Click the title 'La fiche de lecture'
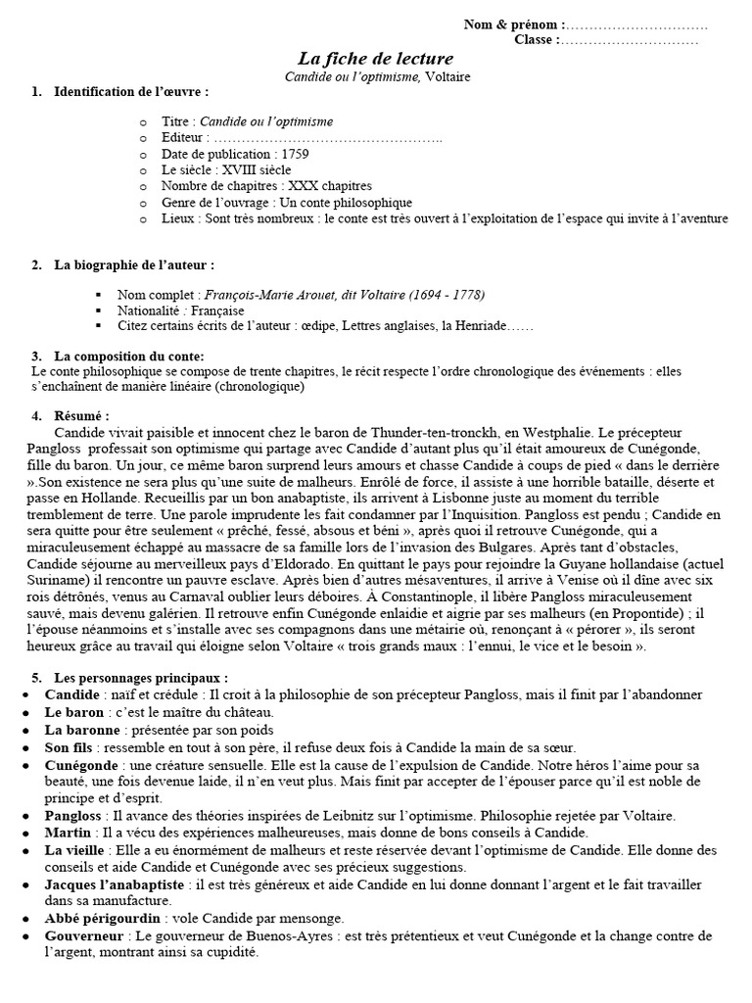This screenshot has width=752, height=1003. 375,59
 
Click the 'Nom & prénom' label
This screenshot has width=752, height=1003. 512,24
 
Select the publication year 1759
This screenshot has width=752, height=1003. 300,154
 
